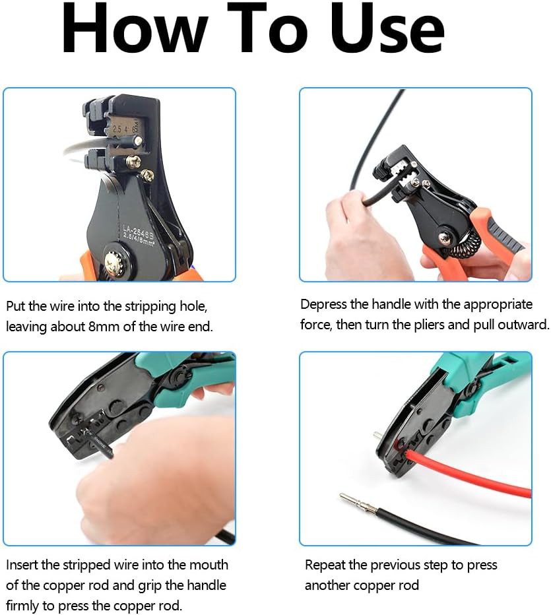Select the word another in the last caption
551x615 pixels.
pyautogui.click(x=327, y=585)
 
